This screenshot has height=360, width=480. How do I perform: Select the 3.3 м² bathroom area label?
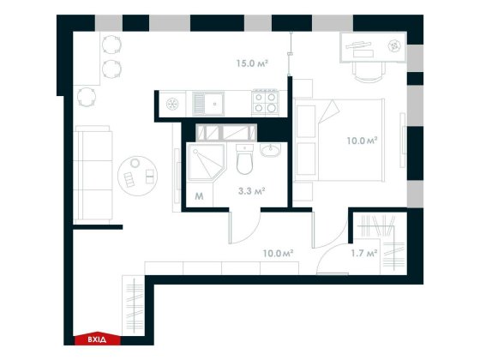pyautogui.click(x=250, y=191)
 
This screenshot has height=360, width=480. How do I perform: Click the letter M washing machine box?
pyautogui.click(x=199, y=196)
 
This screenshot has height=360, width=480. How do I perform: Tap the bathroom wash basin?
pyautogui.click(x=272, y=153)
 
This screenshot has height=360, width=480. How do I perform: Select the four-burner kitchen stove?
pyautogui.click(x=265, y=104)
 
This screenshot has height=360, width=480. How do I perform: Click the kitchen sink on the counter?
pyautogui.click(x=208, y=104)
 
